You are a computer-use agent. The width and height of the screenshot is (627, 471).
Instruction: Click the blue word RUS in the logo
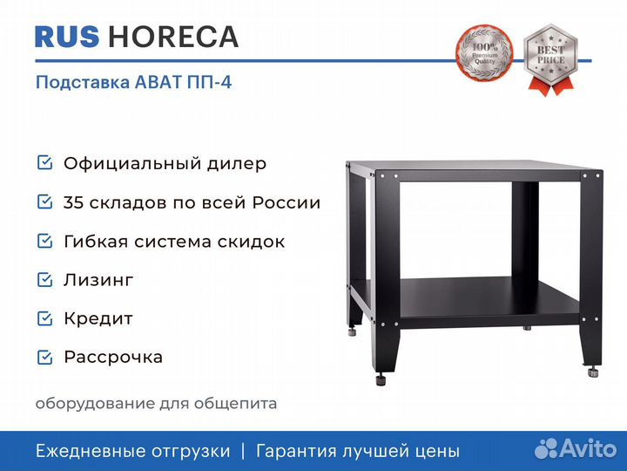(x=67, y=37)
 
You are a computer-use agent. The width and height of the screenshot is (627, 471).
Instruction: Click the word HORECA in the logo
(x=173, y=37)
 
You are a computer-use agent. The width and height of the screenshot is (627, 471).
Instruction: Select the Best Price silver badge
(x=551, y=59)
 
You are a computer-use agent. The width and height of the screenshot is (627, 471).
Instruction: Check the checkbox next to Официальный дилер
(x=44, y=163)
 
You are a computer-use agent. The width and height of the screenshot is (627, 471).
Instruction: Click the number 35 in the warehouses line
(x=73, y=202)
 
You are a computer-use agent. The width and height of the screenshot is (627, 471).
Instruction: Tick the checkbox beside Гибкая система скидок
(x=44, y=241)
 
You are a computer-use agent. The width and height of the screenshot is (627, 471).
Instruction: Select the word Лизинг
(x=98, y=280)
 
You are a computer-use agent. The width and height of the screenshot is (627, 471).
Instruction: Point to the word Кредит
(x=98, y=319)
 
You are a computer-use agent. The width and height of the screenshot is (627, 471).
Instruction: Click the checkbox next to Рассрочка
(x=44, y=358)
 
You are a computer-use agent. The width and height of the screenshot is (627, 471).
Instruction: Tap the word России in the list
(x=287, y=202)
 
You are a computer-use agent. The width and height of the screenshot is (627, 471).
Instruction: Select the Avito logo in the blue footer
(x=576, y=448)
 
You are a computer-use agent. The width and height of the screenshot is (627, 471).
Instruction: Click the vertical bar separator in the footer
(x=243, y=451)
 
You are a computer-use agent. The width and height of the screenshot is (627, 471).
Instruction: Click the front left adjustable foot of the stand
(x=381, y=379)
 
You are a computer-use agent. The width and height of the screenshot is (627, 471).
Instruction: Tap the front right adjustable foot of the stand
(x=594, y=372)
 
